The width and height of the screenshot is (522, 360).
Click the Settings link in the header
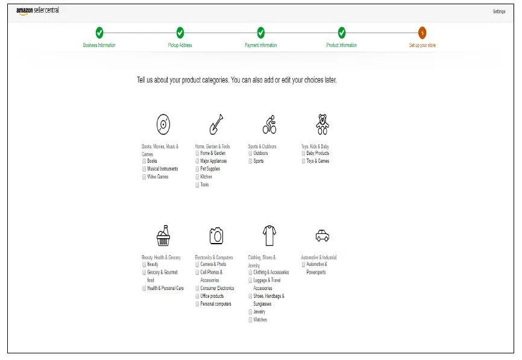(498, 11)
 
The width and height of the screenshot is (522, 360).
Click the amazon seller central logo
(37, 11)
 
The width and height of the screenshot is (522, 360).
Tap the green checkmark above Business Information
(99, 33)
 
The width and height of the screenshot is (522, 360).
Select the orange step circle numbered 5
(422, 33)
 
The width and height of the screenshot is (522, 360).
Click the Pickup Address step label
(180, 45)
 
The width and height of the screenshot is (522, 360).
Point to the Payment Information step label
(260, 45)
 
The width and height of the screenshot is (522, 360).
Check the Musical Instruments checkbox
(144, 169)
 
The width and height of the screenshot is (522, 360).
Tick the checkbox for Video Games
(144, 177)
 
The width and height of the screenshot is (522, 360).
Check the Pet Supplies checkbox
(197, 169)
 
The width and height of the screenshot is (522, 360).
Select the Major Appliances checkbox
(197, 161)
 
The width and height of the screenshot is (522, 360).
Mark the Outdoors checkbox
(250, 153)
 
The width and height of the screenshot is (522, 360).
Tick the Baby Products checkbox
(303, 153)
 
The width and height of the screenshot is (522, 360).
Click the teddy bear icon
(322, 124)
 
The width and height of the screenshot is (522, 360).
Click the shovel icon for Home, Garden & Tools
(216, 125)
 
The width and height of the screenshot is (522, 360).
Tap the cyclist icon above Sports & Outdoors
(269, 125)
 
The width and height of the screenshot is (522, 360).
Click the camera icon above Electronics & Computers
(216, 235)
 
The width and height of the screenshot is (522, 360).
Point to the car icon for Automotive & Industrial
(322, 235)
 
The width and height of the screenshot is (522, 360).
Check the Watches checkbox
(250, 320)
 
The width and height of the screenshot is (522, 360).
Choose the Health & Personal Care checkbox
(144, 288)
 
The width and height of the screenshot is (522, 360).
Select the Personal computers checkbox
(197, 304)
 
